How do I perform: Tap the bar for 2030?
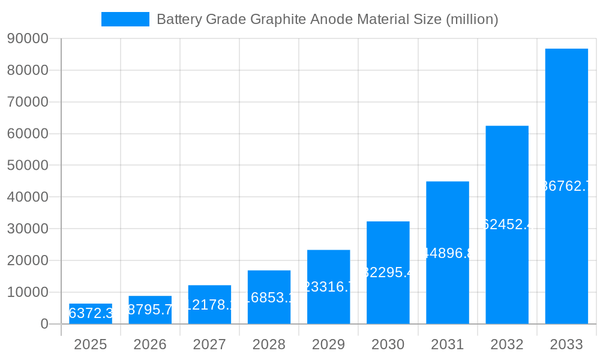point(388,273)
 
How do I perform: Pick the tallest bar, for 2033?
point(566,186)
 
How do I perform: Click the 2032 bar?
point(507,225)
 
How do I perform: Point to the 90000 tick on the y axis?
point(28,39)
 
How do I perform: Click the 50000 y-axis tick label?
point(28,166)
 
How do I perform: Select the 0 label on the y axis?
point(44,324)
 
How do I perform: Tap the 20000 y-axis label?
point(28,260)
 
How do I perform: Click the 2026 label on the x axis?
point(150,344)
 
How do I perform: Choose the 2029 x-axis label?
point(328,344)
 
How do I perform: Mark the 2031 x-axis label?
point(448,344)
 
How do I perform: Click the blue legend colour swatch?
point(125,19)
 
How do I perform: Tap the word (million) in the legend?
point(471,19)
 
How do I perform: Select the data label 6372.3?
point(91,313)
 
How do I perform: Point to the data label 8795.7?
point(150,310)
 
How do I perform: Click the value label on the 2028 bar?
point(269,298)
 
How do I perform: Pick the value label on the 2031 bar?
point(448,253)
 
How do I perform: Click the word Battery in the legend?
point(179,19)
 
